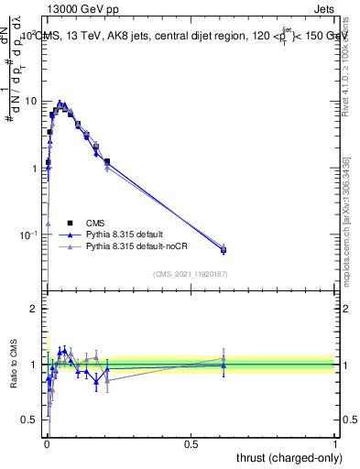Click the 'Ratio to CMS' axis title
pos(13,365)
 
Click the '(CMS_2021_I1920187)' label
pos(190,273)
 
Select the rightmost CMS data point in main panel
pos(224,249)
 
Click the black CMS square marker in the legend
pos(70,223)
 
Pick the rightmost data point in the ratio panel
pos(224,365)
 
